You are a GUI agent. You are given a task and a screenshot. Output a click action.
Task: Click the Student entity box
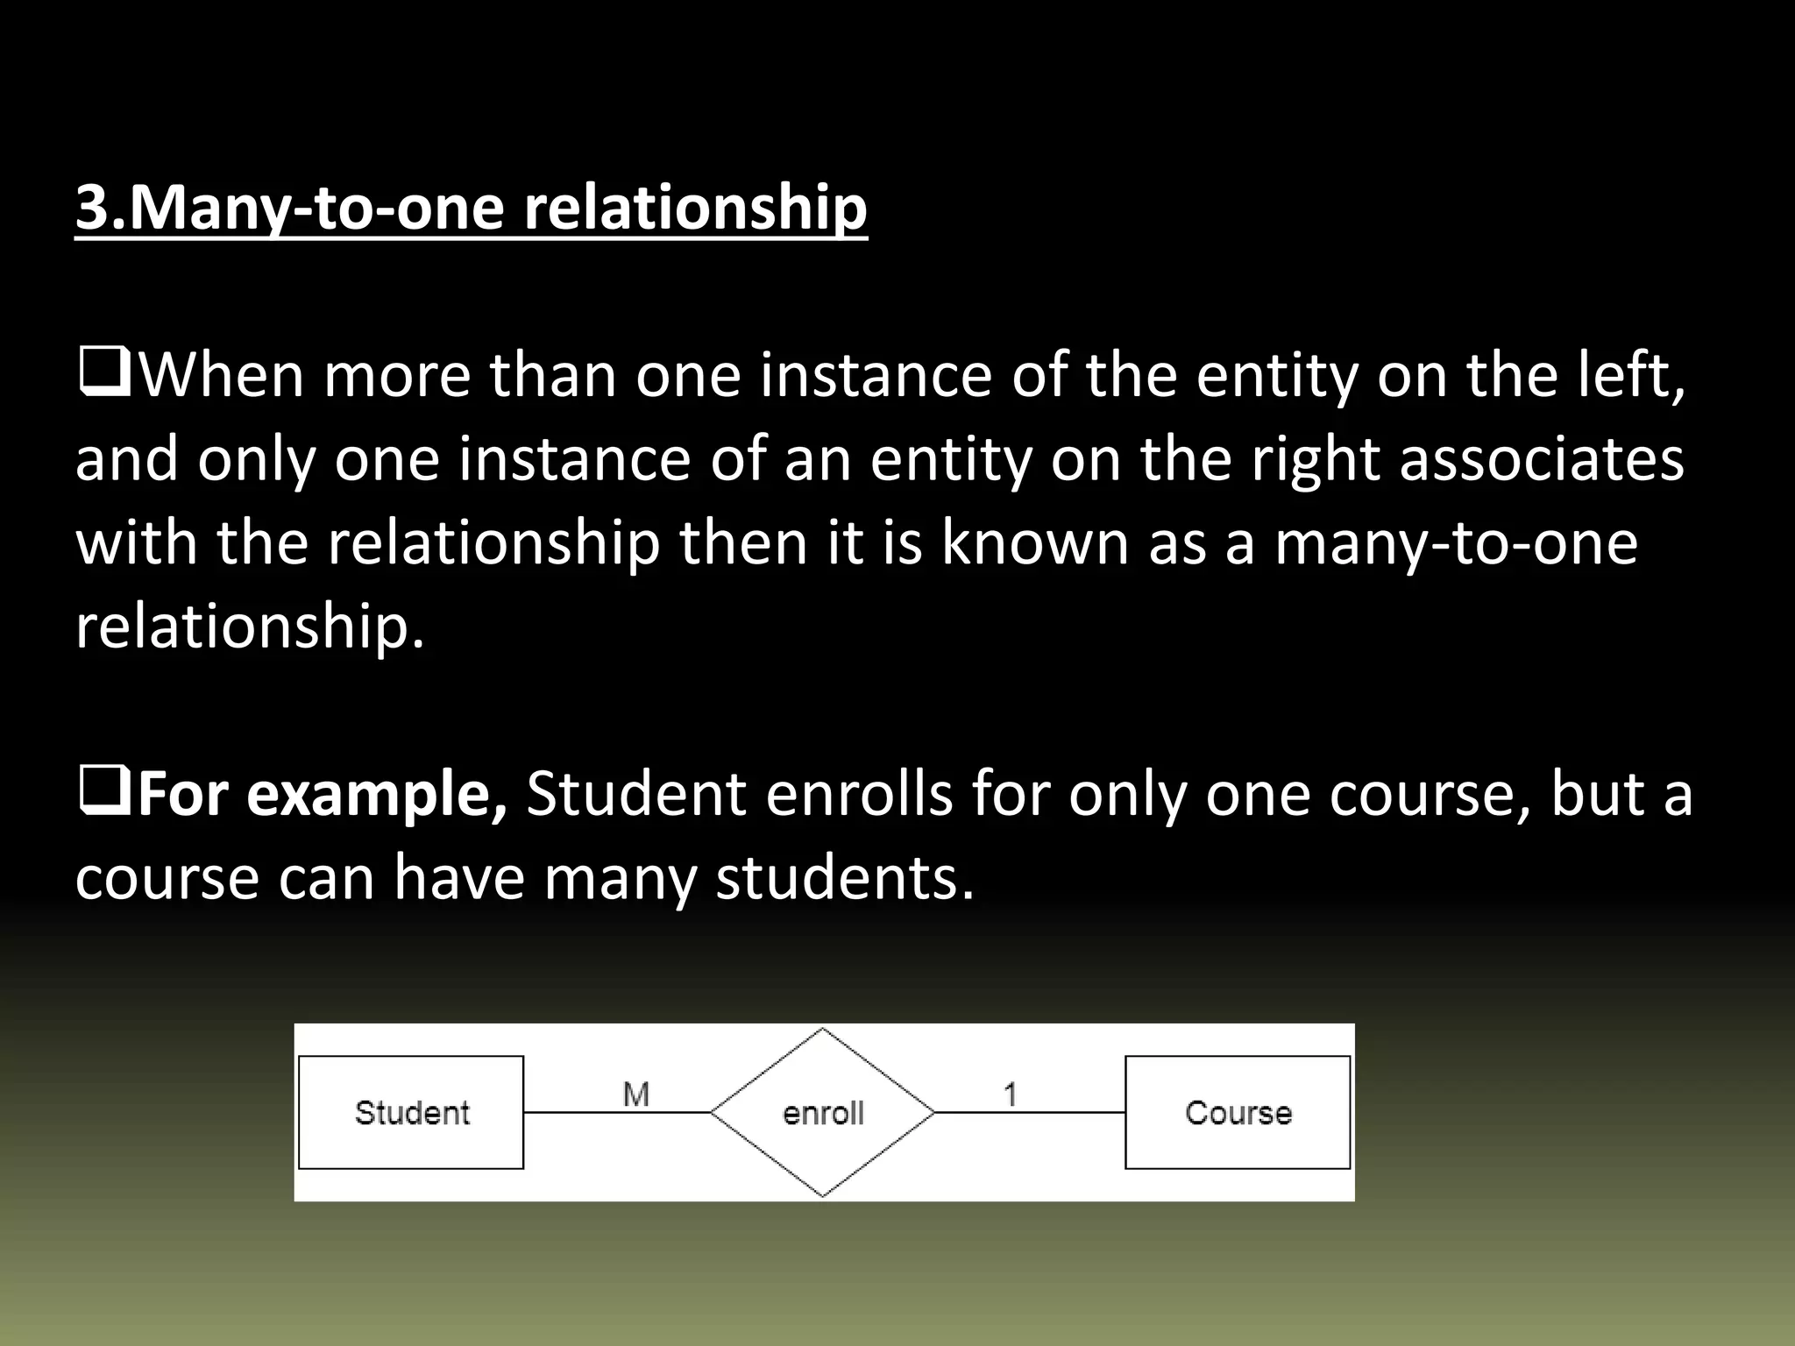point(411,1112)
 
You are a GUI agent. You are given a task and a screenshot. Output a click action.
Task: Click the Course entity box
point(1237,1112)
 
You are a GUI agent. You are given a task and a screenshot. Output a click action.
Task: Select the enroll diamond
point(822,1112)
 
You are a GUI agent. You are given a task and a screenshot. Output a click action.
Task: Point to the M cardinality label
point(635,1094)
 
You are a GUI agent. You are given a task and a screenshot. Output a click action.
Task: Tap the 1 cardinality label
point(1010,1094)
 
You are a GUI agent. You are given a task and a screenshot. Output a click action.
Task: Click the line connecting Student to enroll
point(616,1113)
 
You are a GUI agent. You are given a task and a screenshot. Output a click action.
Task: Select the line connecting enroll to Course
point(1029,1113)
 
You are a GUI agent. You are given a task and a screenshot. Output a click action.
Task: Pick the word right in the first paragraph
point(1314,458)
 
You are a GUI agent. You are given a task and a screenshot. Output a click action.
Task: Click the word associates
point(1542,458)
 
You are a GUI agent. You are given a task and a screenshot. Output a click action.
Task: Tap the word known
point(1036,542)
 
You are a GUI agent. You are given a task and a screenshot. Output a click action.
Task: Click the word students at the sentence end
point(844,878)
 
